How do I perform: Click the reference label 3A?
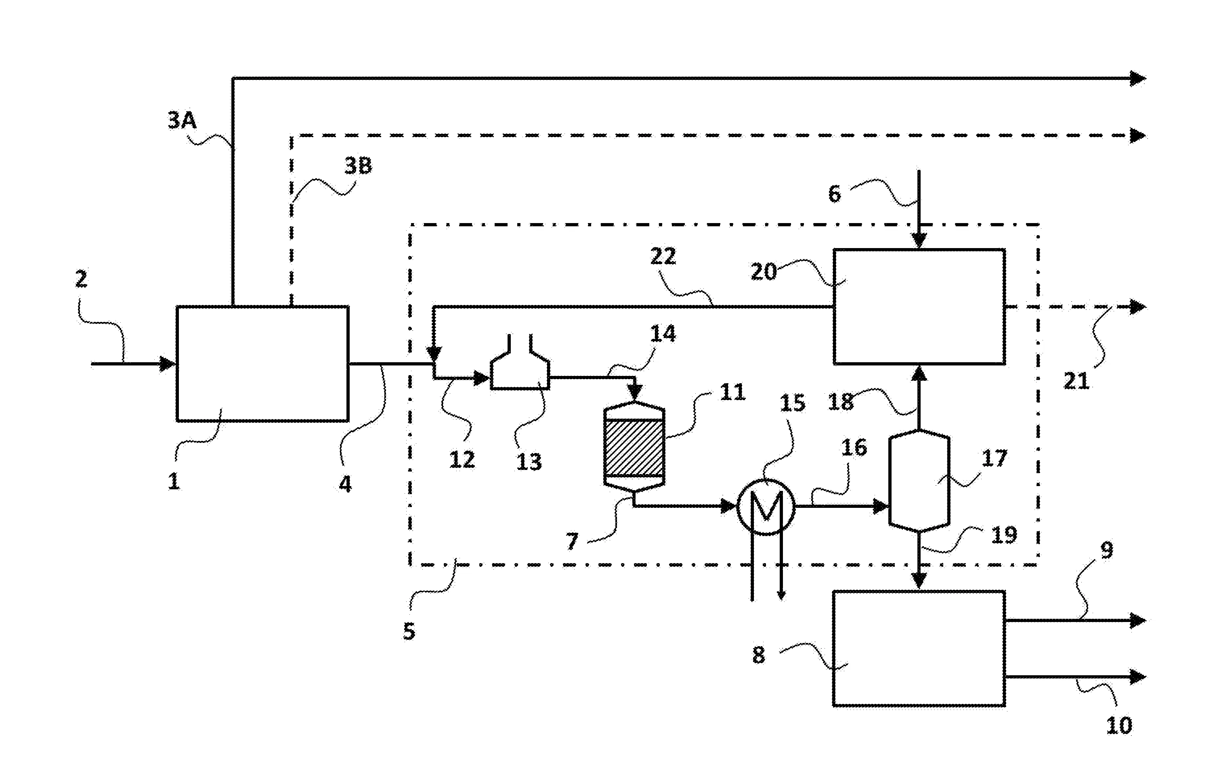coord(182,121)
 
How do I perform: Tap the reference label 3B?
coord(358,166)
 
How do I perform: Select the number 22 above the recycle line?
coord(663,257)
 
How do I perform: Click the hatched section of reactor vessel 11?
coord(634,447)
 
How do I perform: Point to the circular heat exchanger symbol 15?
coord(766,506)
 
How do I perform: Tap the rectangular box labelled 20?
coord(919,306)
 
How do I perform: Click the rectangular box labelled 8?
coord(919,648)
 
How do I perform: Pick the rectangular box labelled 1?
coord(262,363)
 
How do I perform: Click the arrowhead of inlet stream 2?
coord(167,363)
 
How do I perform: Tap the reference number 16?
coord(854,447)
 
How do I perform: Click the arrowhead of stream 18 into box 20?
coord(919,373)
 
